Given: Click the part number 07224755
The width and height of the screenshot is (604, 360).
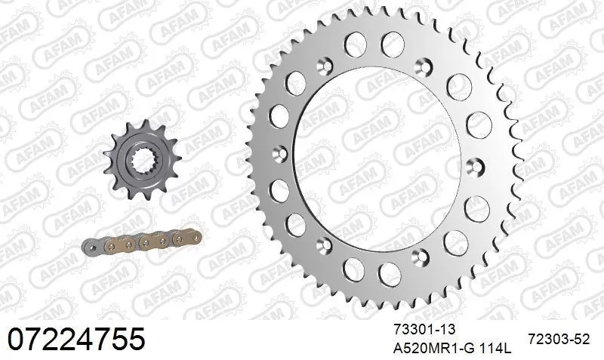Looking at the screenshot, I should (x=75, y=339).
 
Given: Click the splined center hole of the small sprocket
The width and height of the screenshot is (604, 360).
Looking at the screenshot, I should (x=142, y=160).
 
